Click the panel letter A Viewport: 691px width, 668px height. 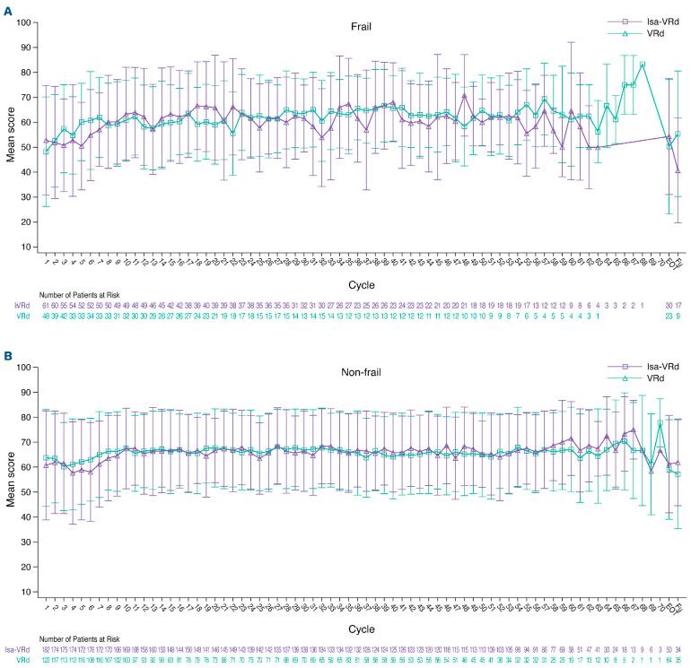[x=6, y=7]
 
